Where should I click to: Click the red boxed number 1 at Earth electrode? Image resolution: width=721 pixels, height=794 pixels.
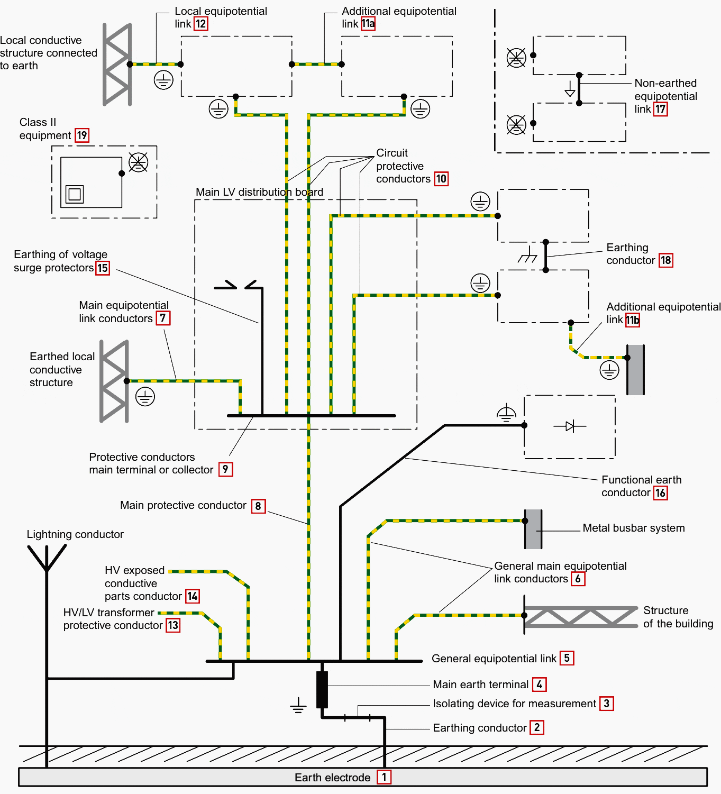(384, 777)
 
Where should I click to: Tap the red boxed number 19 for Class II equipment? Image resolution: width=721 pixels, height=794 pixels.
(82, 135)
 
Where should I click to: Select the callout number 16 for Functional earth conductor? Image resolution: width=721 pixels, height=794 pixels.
(660, 493)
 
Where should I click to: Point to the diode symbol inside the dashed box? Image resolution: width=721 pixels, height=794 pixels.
(570, 426)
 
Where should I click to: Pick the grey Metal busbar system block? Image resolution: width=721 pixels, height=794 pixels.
(533, 529)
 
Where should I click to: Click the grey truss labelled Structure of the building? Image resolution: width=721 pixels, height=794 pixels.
(581, 616)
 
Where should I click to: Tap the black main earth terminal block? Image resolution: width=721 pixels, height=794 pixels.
(322, 689)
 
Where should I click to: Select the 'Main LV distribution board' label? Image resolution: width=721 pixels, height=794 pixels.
(259, 192)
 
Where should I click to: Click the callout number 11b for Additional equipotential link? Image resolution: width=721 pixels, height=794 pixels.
(633, 320)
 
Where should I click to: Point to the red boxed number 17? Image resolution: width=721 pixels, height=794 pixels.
(661, 109)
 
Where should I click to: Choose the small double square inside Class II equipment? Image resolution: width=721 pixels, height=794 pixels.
(75, 194)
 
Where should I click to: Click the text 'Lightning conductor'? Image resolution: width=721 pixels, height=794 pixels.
(75, 534)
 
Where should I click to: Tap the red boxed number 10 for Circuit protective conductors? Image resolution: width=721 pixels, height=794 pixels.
(441, 179)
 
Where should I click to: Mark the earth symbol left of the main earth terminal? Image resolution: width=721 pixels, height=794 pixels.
(298, 706)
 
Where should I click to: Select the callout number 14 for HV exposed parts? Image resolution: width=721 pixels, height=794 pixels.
(193, 596)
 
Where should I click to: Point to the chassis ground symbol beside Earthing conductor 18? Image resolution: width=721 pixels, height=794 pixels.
(527, 256)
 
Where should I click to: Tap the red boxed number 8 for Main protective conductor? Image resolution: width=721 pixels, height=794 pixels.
(258, 506)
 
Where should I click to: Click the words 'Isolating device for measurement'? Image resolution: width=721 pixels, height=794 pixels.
(514, 704)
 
